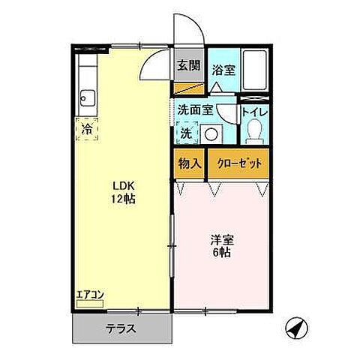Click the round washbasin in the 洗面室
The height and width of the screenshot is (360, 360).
[213, 134]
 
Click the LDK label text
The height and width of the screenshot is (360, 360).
[123, 185]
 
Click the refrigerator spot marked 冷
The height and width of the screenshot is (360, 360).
[87, 130]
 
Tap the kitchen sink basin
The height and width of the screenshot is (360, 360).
[87, 98]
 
